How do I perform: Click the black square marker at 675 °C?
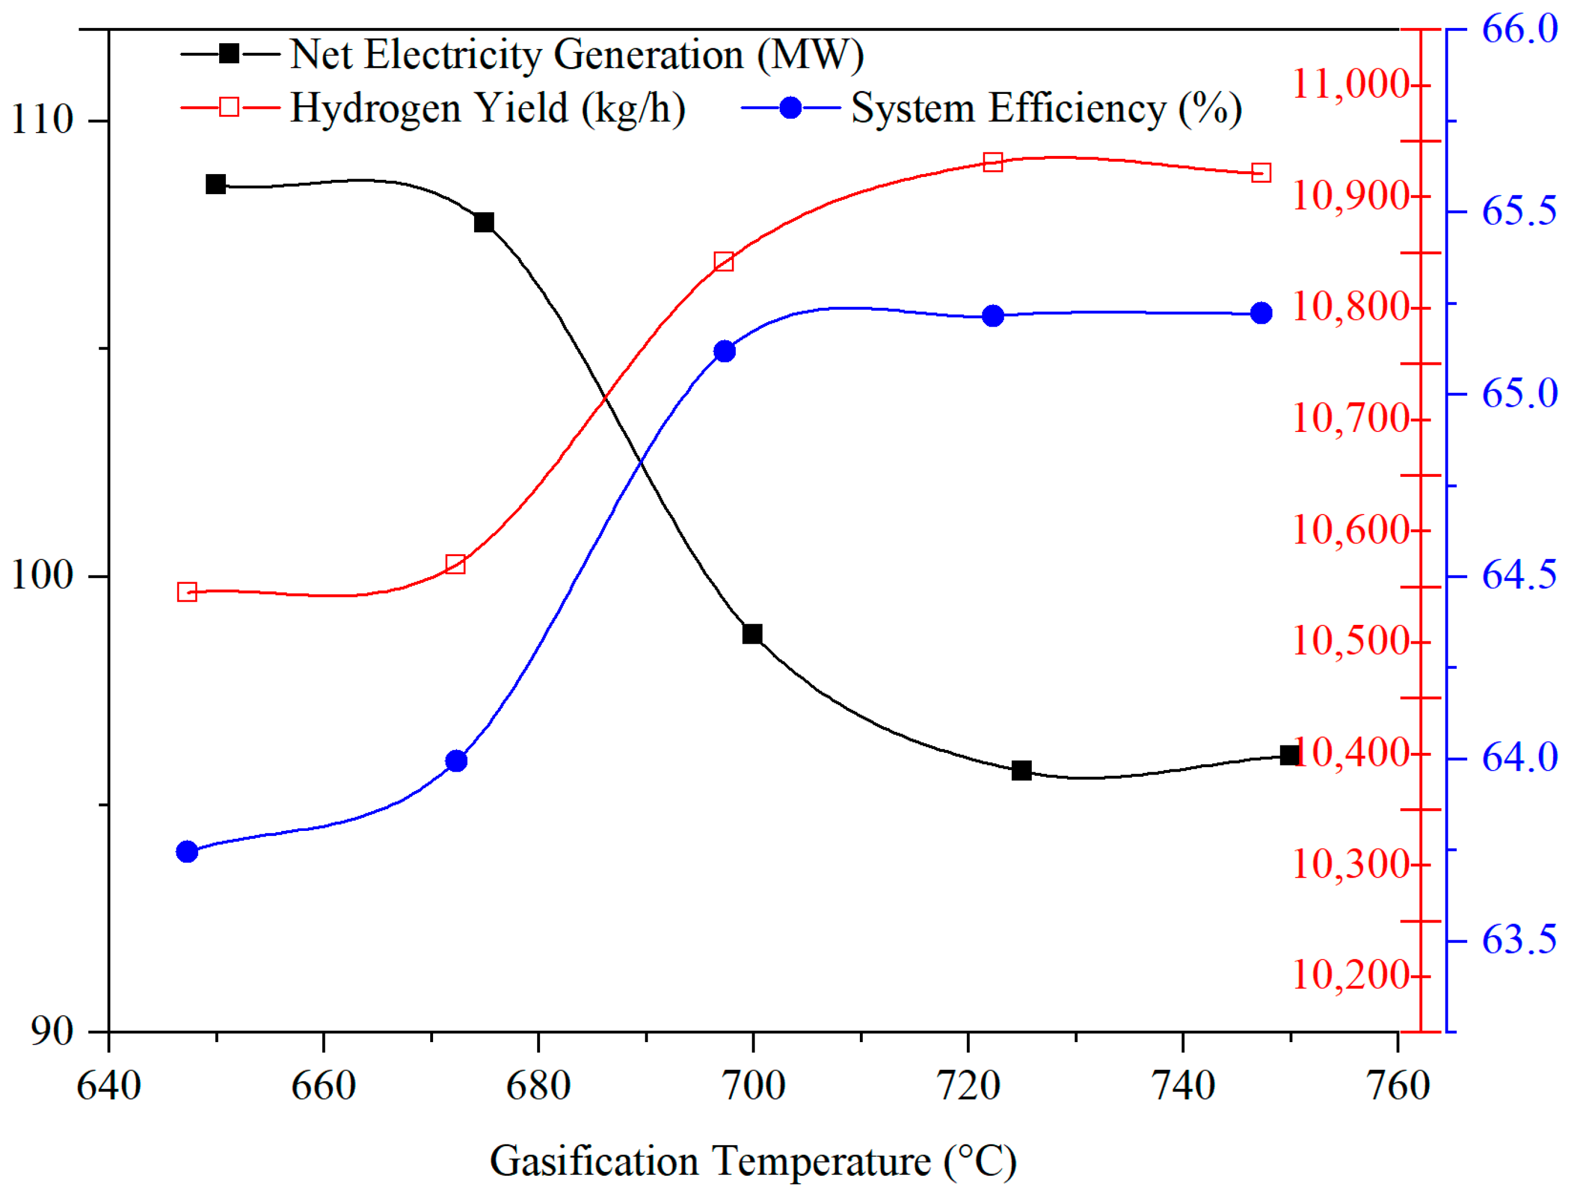coord(484,223)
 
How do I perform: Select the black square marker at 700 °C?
coord(752,634)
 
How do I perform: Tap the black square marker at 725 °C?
coord(1022,771)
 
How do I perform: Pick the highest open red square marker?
coord(993,162)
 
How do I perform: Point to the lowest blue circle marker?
coord(187,852)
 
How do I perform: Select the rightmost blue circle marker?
coord(1261,313)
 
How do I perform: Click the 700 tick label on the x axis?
coord(752,1085)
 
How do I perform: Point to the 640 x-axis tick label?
coord(109,1085)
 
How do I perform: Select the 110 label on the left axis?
coord(43,119)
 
